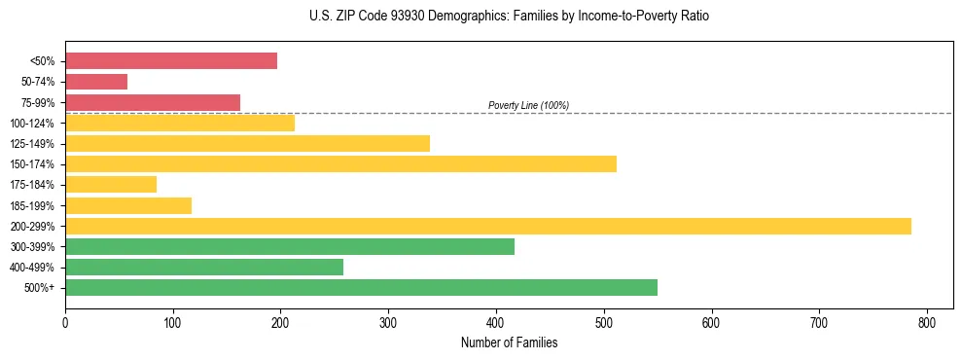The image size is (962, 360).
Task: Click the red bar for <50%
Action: click(171, 61)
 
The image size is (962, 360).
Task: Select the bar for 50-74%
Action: click(96, 82)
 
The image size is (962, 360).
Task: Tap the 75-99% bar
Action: click(153, 102)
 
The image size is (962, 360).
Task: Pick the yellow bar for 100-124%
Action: click(180, 123)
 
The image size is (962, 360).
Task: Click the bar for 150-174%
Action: click(340, 163)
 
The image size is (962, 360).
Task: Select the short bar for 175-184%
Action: click(111, 184)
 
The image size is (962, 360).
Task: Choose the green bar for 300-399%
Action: click(290, 246)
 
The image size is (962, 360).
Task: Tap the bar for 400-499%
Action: click(204, 267)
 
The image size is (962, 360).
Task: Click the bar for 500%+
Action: click(361, 287)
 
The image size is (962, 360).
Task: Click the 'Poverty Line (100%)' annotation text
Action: click(528, 105)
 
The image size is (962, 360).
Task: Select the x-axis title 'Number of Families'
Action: click(509, 342)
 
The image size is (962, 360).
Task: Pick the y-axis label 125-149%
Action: click(32, 144)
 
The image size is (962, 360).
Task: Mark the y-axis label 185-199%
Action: click(32, 205)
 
